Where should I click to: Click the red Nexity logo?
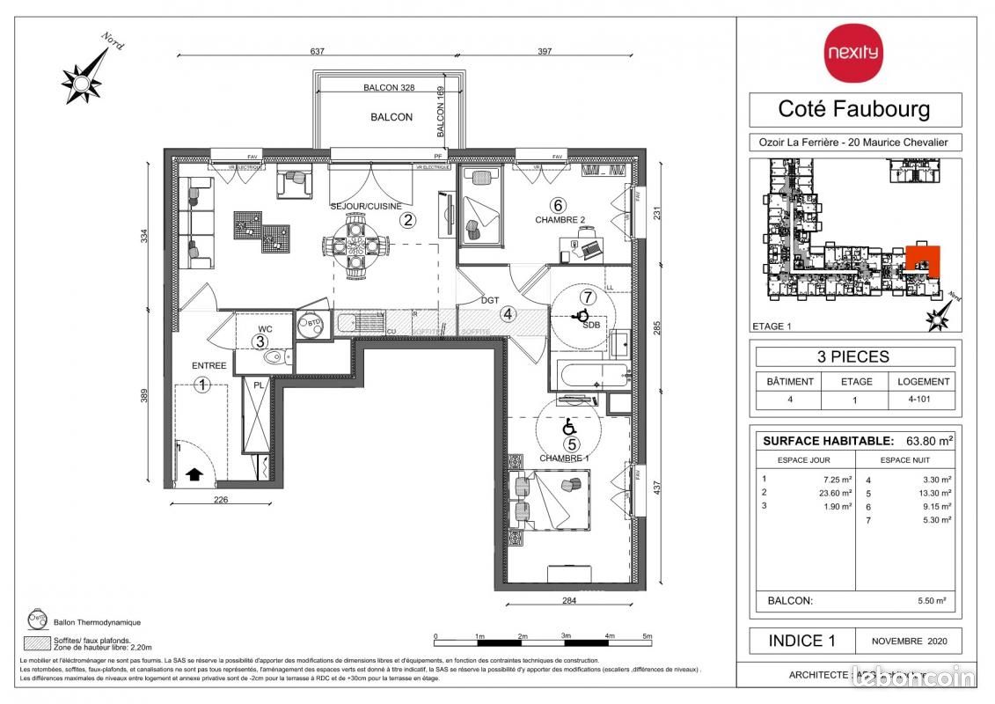[x=852, y=53]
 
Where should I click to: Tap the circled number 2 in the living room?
[x=407, y=221]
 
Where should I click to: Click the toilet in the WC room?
[x=275, y=357]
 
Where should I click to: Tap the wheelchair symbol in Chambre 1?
[x=568, y=427]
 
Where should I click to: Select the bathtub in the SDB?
[x=588, y=376]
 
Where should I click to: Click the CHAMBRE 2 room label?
[x=560, y=220]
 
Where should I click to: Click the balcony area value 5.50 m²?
[x=932, y=600]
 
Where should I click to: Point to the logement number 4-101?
[x=923, y=399]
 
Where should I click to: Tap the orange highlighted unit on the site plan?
[x=923, y=260]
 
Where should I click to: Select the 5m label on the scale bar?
[x=647, y=636]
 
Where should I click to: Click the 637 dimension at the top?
[x=318, y=52]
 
